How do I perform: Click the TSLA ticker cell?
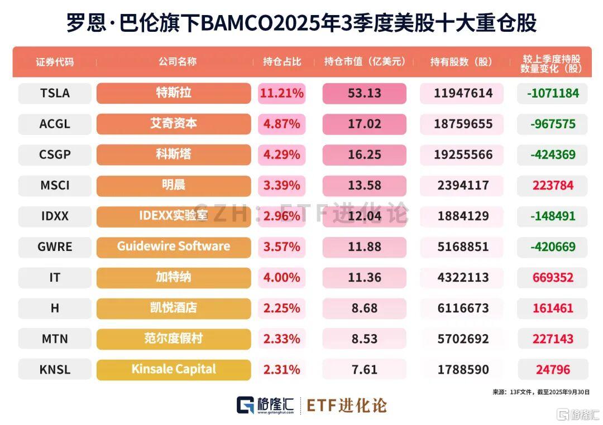(x=55, y=93)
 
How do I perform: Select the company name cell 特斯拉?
(x=174, y=93)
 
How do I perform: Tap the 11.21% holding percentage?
(x=281, y=93)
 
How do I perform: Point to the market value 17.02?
(x=364, y=124)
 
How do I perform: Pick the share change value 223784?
(x=553, y=185)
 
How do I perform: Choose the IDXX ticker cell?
(x=55, y=216)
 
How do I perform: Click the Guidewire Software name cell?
(x=174, y=247)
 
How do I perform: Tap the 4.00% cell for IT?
(x=281, y=277)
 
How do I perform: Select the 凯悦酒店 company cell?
(x=174, y=308)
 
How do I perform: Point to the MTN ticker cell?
(x=55, y=339)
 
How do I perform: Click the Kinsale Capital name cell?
(x=174, y=369)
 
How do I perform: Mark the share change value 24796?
(x=553, y=369)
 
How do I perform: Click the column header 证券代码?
(x=55, y=62)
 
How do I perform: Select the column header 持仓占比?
(x=281, y=62)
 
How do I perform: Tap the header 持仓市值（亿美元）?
(x=365, y=62)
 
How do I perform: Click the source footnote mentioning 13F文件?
(x=540, y=392)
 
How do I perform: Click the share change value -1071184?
(x=553, y=93)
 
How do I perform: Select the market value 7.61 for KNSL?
(x=364, y=369)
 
